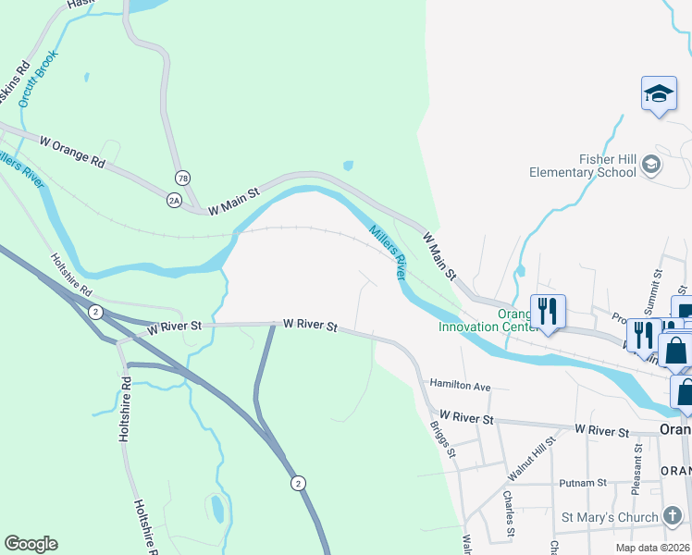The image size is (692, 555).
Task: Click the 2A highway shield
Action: tap(173, 199)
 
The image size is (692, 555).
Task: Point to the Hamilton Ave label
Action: tap(459, 385)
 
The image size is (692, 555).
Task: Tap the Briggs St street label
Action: tap(443, 439)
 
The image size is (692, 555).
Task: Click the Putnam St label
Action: tap(583, 483)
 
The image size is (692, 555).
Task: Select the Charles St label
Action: tap(509, 514)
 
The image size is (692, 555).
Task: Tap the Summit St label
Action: tap(659, 288)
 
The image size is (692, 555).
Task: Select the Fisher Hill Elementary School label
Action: tap(583, 166)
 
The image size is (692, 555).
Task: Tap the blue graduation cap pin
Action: tap(659, 94)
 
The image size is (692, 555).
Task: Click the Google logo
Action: tap(31, 544)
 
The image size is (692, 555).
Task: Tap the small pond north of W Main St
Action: tap(348, 166)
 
